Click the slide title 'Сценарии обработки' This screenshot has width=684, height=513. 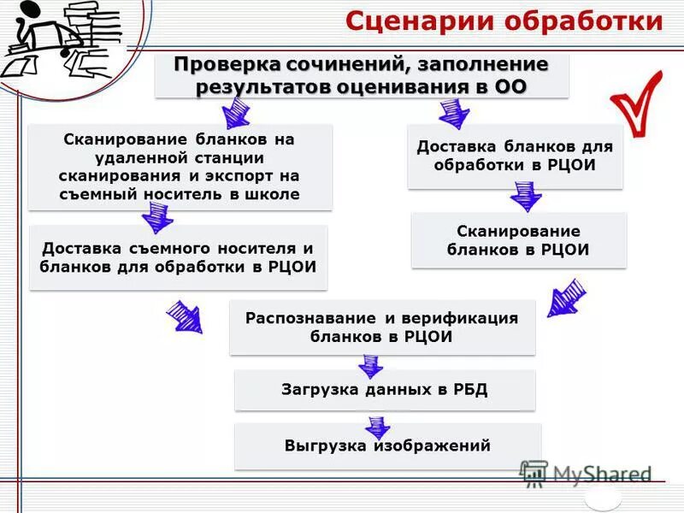click(504, 21)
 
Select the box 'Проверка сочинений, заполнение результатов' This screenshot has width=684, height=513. click(361, 75)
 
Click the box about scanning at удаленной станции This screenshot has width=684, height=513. click(180, 166)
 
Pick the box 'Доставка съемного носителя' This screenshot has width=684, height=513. click(178, 256)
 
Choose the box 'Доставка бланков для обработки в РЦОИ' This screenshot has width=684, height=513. click(514, 155)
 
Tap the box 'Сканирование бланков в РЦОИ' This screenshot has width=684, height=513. click(518, 240)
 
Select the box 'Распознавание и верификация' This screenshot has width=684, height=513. click(381, 327)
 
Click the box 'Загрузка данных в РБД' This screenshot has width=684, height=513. click(384, 390)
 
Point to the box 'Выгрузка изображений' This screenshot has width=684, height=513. click(387, 445)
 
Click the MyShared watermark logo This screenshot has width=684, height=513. click(585, 475)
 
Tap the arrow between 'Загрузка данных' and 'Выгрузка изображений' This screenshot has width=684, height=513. click(375, 426)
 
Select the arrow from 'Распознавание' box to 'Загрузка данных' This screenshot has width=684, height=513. click(370, 366)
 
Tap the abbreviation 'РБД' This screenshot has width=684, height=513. click(469, 390)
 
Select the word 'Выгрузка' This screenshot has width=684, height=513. click(324, 445)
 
